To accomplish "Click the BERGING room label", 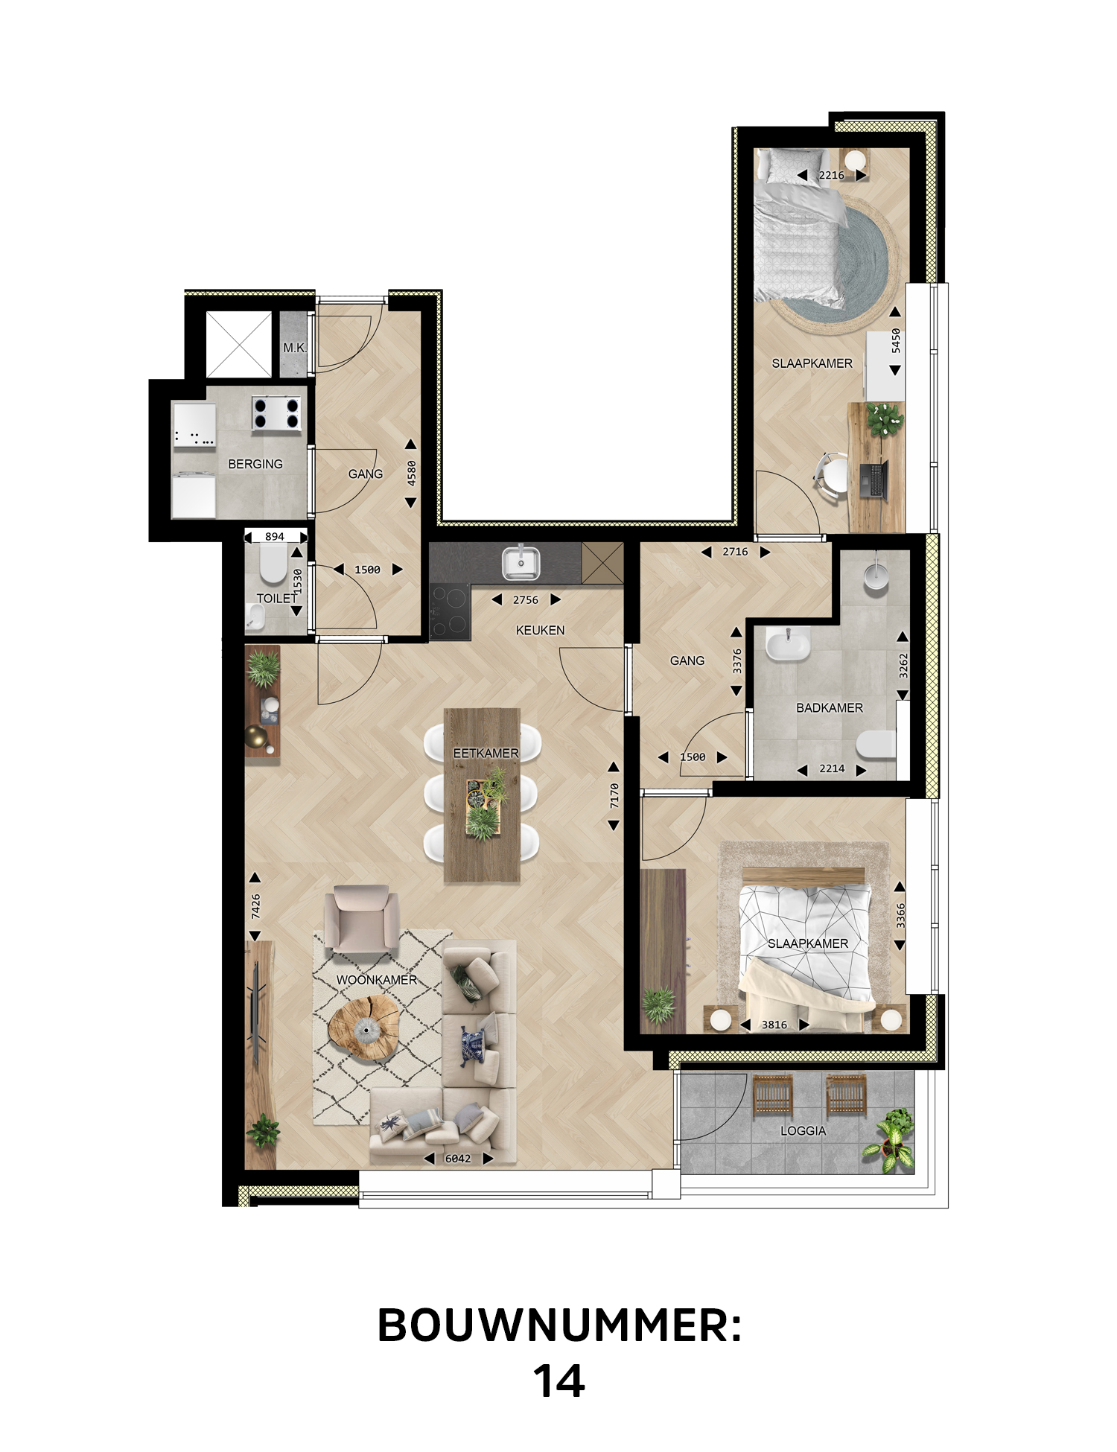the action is tap(255, 464).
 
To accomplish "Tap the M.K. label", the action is tap(294, 348).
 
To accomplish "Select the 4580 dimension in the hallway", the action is tap(411, 474).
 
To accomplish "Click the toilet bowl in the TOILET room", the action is tap(273, 565).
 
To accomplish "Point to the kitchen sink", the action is tap(521, 563).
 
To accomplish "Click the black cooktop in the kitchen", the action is tap(450, 611).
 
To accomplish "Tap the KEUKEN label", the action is tap(540, 630).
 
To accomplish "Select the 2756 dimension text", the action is tap(526, 600).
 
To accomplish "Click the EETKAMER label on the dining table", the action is tap(486, 754).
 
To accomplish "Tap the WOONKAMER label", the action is tap(377, 980).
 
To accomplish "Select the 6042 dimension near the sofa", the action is tap(458, 1159).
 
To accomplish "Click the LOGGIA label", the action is tap(803, 1130).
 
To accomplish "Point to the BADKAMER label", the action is tap(830, 707).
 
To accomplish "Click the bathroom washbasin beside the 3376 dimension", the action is tap(787, 644).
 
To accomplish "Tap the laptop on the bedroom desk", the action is tap(874, 479).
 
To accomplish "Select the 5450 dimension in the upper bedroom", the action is tap(896, 340).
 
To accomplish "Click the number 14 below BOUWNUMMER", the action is tap(559, 1381).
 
